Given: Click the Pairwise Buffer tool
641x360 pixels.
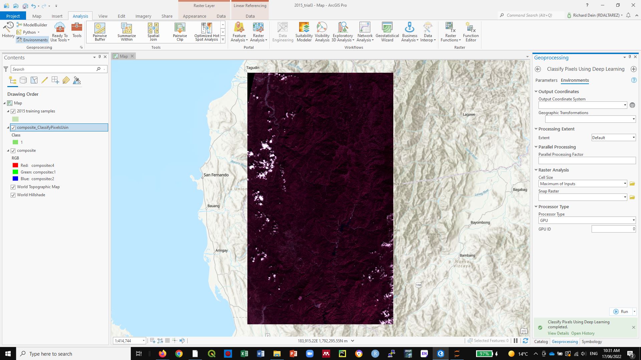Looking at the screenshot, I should (99, 32).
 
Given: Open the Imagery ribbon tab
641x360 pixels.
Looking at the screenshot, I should (143, 16).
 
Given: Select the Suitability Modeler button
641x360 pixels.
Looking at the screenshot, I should (304, 32).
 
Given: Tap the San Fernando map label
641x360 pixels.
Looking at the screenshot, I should (216, 175).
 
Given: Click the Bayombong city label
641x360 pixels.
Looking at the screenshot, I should (480, 223).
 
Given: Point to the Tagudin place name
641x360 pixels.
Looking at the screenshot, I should (252, 68).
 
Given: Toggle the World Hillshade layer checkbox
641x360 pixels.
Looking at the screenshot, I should (13, 195).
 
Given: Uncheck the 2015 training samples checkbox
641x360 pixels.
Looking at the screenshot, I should (13, 111).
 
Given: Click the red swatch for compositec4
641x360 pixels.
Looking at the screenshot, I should (15, 165).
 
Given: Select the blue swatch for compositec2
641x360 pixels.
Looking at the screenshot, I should (15, 178).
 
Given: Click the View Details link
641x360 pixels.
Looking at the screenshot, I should (558, 333).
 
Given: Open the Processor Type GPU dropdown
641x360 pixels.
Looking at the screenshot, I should (587, 220).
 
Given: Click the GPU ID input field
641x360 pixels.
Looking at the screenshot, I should (613, 229).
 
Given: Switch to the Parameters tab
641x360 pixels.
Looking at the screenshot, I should (546, 80).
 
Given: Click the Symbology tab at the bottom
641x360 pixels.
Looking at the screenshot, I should (592, 341).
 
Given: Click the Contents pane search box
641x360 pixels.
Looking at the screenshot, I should (53, 69).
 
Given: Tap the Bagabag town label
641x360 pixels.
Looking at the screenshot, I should (520, 190).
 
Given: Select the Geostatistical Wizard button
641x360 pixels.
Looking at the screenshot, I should (387, 32).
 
